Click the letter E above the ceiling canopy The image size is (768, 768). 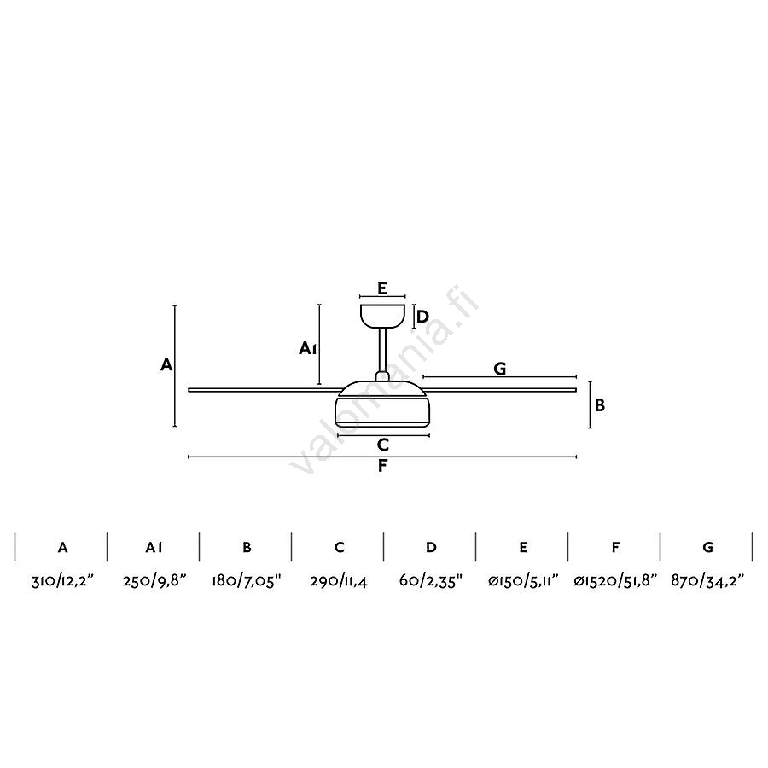382,288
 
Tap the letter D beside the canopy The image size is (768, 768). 422,317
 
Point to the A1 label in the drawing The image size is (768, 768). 307,348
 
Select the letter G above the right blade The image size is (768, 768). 499,369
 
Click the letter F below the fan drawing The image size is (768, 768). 382,466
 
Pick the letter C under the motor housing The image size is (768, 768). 383,445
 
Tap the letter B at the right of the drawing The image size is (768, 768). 600,405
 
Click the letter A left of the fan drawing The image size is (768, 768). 166,364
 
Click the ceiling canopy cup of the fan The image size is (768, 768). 382,316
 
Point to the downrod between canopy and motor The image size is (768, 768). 382,350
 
